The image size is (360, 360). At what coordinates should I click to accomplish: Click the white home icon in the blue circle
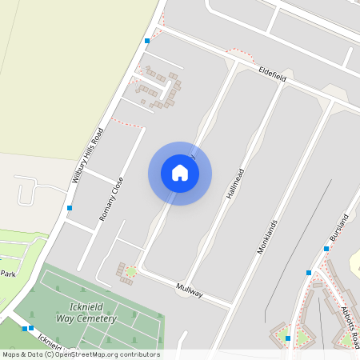pyautogui.click(x=180, y=174)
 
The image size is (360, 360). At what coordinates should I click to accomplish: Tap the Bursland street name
pyautogui.click(x=339, y=228)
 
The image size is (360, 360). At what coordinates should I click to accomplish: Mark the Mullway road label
pyautogui.click(x=190, y=290)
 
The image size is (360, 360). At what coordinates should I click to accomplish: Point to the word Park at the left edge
pyautogui.click(x=8, y=274)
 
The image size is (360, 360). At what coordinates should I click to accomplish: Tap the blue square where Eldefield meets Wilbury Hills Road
pyautogui.click(x=147, y=40)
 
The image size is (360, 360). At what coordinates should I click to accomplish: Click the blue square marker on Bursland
pyautogui.click(x=326, y=249)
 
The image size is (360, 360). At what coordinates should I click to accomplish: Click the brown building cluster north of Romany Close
pyautogui.click(x=160, y=88)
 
